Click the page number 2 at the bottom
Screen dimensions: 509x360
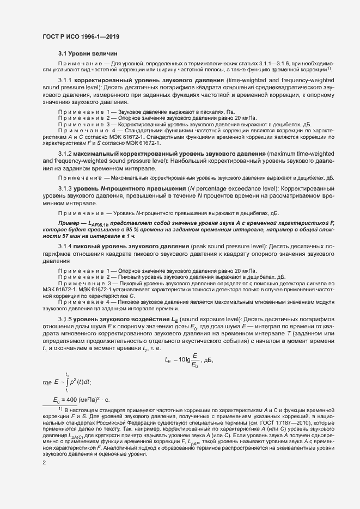point(44,463)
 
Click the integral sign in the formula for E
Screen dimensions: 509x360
point(66,383)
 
